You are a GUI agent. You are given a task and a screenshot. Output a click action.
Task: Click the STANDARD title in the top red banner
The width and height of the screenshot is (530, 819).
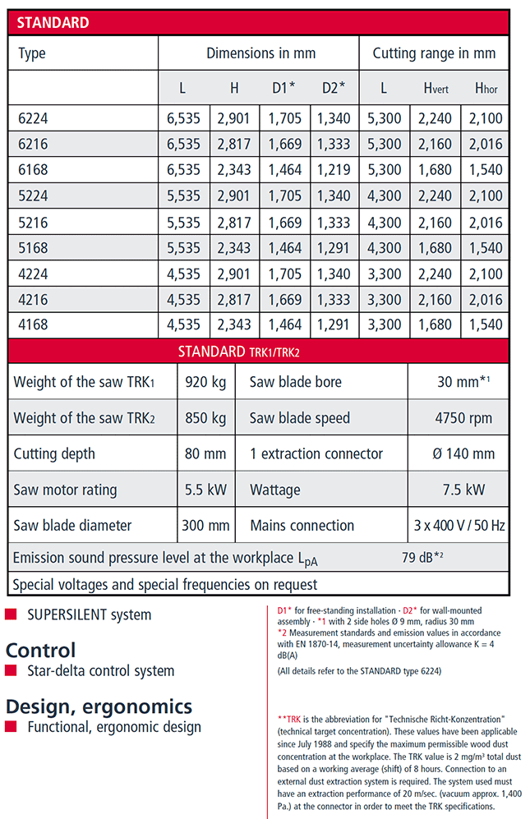53,23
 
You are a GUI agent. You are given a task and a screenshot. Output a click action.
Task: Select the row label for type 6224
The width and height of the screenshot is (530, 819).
33,118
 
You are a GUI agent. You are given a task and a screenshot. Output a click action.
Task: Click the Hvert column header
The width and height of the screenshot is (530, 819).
435,88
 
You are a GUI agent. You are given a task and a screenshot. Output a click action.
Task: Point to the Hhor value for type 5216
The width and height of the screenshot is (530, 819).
486,247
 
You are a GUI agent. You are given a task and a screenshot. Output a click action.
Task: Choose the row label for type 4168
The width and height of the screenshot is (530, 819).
33,324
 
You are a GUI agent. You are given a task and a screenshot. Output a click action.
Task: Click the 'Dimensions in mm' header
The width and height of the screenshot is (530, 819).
260,53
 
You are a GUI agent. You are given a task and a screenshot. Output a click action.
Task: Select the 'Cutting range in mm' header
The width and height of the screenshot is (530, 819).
434,53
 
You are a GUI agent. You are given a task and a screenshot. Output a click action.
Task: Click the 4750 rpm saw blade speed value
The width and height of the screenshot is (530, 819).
463,418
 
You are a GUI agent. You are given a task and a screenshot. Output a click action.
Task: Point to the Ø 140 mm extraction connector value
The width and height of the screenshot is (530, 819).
463,453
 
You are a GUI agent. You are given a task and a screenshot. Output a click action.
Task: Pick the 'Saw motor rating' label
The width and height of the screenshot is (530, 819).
65,490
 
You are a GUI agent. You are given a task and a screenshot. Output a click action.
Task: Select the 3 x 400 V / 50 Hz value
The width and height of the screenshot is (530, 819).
463,525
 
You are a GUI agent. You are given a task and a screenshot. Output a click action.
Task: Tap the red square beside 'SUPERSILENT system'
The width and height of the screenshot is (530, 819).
11,614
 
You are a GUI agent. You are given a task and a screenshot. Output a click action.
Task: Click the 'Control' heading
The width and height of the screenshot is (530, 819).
40,650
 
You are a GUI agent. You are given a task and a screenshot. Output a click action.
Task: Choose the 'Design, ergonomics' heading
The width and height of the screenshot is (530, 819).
99,706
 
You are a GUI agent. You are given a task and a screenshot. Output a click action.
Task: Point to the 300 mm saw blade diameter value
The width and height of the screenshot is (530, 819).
205,525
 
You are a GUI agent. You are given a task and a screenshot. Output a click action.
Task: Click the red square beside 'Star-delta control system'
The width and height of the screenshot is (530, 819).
11,671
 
